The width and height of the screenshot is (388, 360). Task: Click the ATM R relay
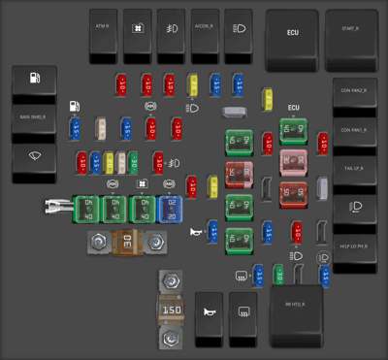click(x=103, y=30)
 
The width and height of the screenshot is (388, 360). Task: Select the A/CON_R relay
click(x=205, y=30)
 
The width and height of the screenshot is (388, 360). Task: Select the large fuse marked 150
click(x=172, y=311)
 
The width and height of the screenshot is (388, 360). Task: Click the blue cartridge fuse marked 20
click(x=171, y=208)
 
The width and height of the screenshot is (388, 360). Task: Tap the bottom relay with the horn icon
click(x=208, y=317)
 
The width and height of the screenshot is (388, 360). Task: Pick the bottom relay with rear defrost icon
click(x=245, y=317)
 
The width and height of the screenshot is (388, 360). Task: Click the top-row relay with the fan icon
click(x=138, y=30)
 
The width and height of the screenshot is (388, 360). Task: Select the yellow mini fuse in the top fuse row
click(x=193, y=84)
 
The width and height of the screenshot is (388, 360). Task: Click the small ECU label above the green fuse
click(x=293, y=108)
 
